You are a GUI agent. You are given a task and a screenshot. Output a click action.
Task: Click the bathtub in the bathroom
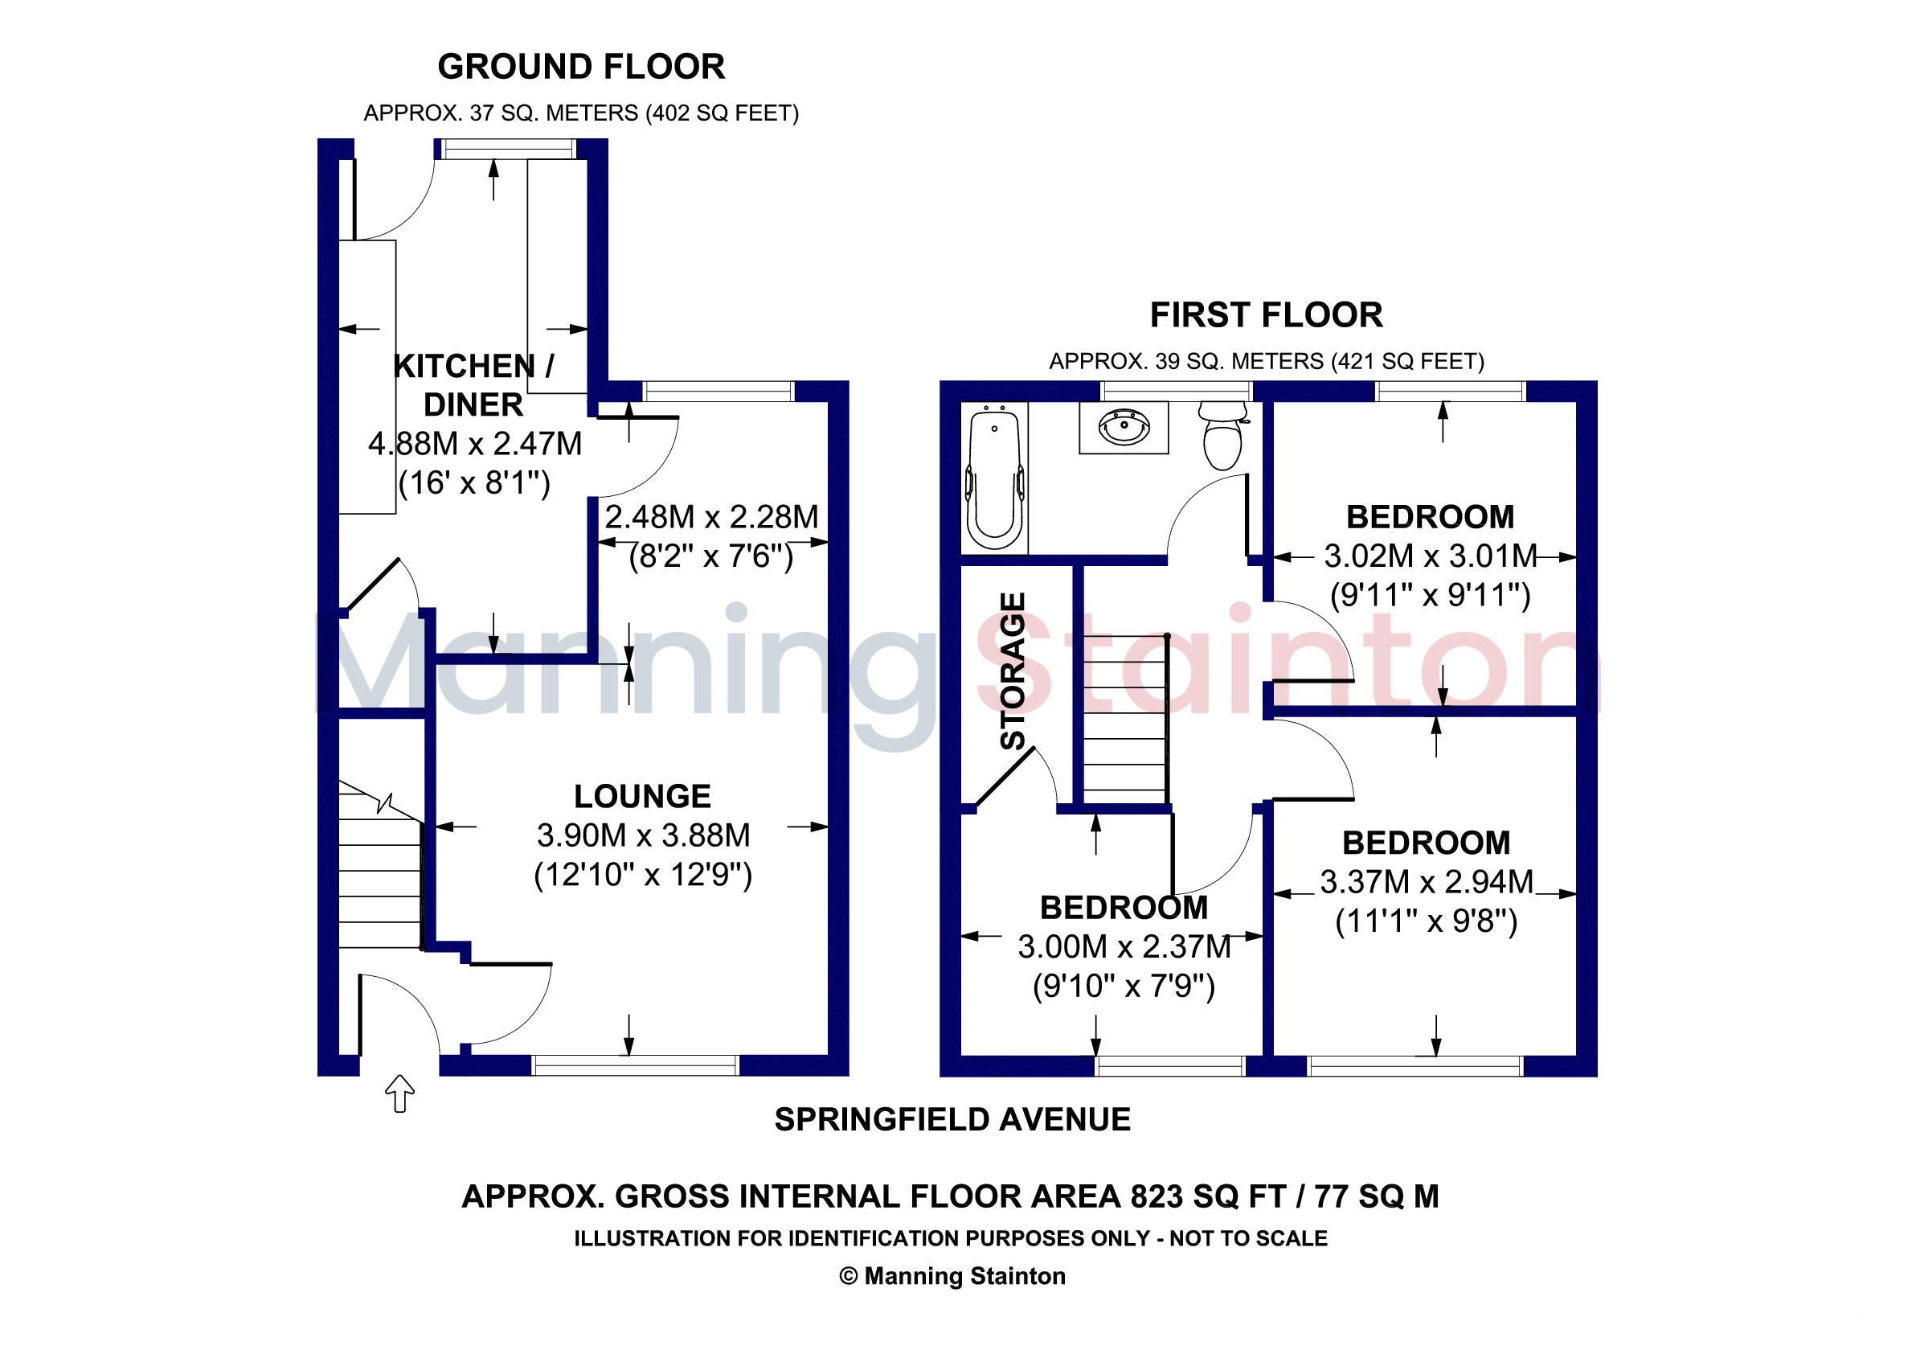994,478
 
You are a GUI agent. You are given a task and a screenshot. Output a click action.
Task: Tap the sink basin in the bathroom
1124,427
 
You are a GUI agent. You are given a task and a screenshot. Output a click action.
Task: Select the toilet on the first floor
1222,435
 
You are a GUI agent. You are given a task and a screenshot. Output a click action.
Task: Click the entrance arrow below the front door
399,1093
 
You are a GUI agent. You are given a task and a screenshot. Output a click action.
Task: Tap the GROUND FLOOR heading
581,67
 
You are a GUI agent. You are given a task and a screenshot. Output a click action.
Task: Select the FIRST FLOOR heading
1266,314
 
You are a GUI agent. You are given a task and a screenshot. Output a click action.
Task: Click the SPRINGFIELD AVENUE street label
952,1119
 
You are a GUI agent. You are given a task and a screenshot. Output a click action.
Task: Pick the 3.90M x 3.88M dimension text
643,835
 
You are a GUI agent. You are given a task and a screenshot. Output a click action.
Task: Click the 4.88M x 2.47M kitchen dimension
475,443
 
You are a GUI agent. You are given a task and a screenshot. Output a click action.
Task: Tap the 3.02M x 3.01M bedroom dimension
1431,555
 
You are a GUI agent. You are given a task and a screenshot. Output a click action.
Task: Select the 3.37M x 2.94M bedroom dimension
1427,881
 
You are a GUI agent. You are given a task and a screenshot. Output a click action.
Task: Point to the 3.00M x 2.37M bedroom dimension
1124,946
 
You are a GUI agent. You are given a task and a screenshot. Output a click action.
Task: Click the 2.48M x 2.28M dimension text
711,517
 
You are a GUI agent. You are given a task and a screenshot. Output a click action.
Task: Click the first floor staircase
1125,719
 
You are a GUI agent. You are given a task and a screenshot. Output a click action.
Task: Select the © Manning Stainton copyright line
952,1276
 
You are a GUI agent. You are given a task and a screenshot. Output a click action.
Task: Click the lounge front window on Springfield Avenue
635,1065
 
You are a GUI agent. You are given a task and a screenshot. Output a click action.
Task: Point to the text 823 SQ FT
1207,1196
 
